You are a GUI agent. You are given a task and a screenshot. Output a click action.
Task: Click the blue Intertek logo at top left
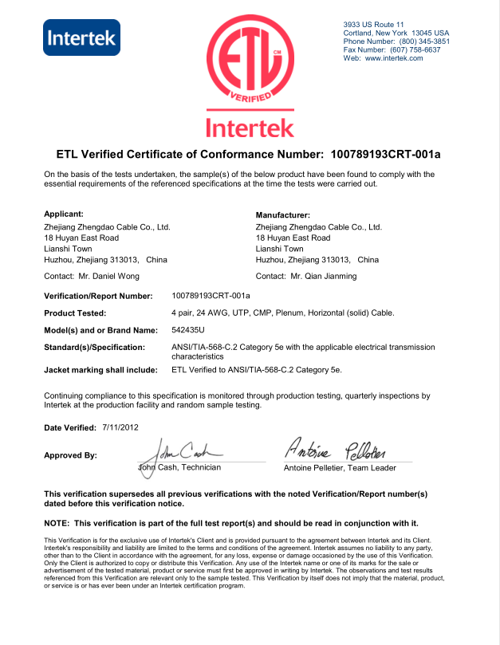[81, 37]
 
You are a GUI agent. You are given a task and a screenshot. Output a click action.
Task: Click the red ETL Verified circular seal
[249, 61]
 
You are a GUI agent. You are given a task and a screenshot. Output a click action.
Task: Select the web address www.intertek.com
[394, 58]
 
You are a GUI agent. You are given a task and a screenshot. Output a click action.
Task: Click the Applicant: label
[64, 214]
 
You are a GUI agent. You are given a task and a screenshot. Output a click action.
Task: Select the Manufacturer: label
[282, 215]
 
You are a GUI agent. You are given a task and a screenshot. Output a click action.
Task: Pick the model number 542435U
[189, 329]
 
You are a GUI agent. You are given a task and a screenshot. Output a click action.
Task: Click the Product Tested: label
[75, 313]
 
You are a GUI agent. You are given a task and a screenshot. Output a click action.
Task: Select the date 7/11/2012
[121, 428]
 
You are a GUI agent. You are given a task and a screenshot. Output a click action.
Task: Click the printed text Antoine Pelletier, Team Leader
[340, 468]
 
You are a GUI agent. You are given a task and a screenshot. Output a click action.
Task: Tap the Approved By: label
[71, 455]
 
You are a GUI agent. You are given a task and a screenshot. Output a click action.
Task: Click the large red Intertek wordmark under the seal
[250, 127]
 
